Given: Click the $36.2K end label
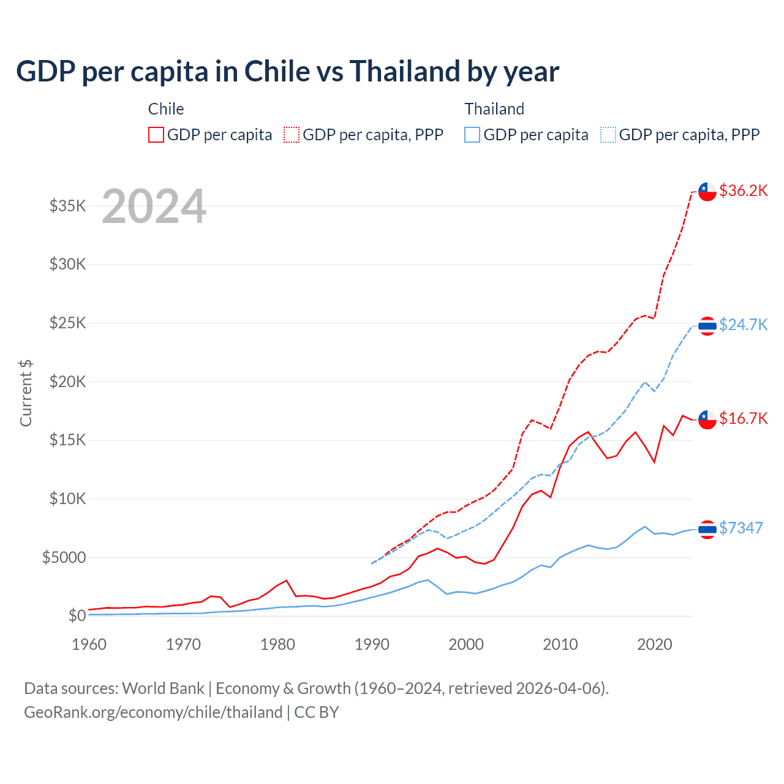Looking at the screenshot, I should coord(743,190).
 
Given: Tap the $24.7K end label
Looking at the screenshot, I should coord(743,325).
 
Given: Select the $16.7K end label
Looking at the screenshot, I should coord(743,418).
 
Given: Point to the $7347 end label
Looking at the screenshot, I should coord(741,528).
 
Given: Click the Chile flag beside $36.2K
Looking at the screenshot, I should coord(707,191).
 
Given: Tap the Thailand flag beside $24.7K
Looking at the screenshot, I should coord(707,325).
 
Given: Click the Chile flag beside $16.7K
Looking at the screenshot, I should coord(707,419).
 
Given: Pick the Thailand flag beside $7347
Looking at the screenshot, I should coord(707,529).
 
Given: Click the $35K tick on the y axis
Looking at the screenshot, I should coord(68,206).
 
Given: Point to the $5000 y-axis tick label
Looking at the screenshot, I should coord(64,557).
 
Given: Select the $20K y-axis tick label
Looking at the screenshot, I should coord(68,382).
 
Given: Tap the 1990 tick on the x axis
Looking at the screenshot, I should coord(372,644).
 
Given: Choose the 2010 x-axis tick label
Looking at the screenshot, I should coord(560,644).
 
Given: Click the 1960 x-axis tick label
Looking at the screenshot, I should coord(89,644).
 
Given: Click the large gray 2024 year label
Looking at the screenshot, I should coord(154,206).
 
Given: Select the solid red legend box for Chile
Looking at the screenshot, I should coord(156,135).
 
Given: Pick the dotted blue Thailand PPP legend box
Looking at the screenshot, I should coord(608,135).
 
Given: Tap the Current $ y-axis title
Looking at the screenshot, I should coord(26,393).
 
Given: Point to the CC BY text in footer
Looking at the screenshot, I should coord(316,712).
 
